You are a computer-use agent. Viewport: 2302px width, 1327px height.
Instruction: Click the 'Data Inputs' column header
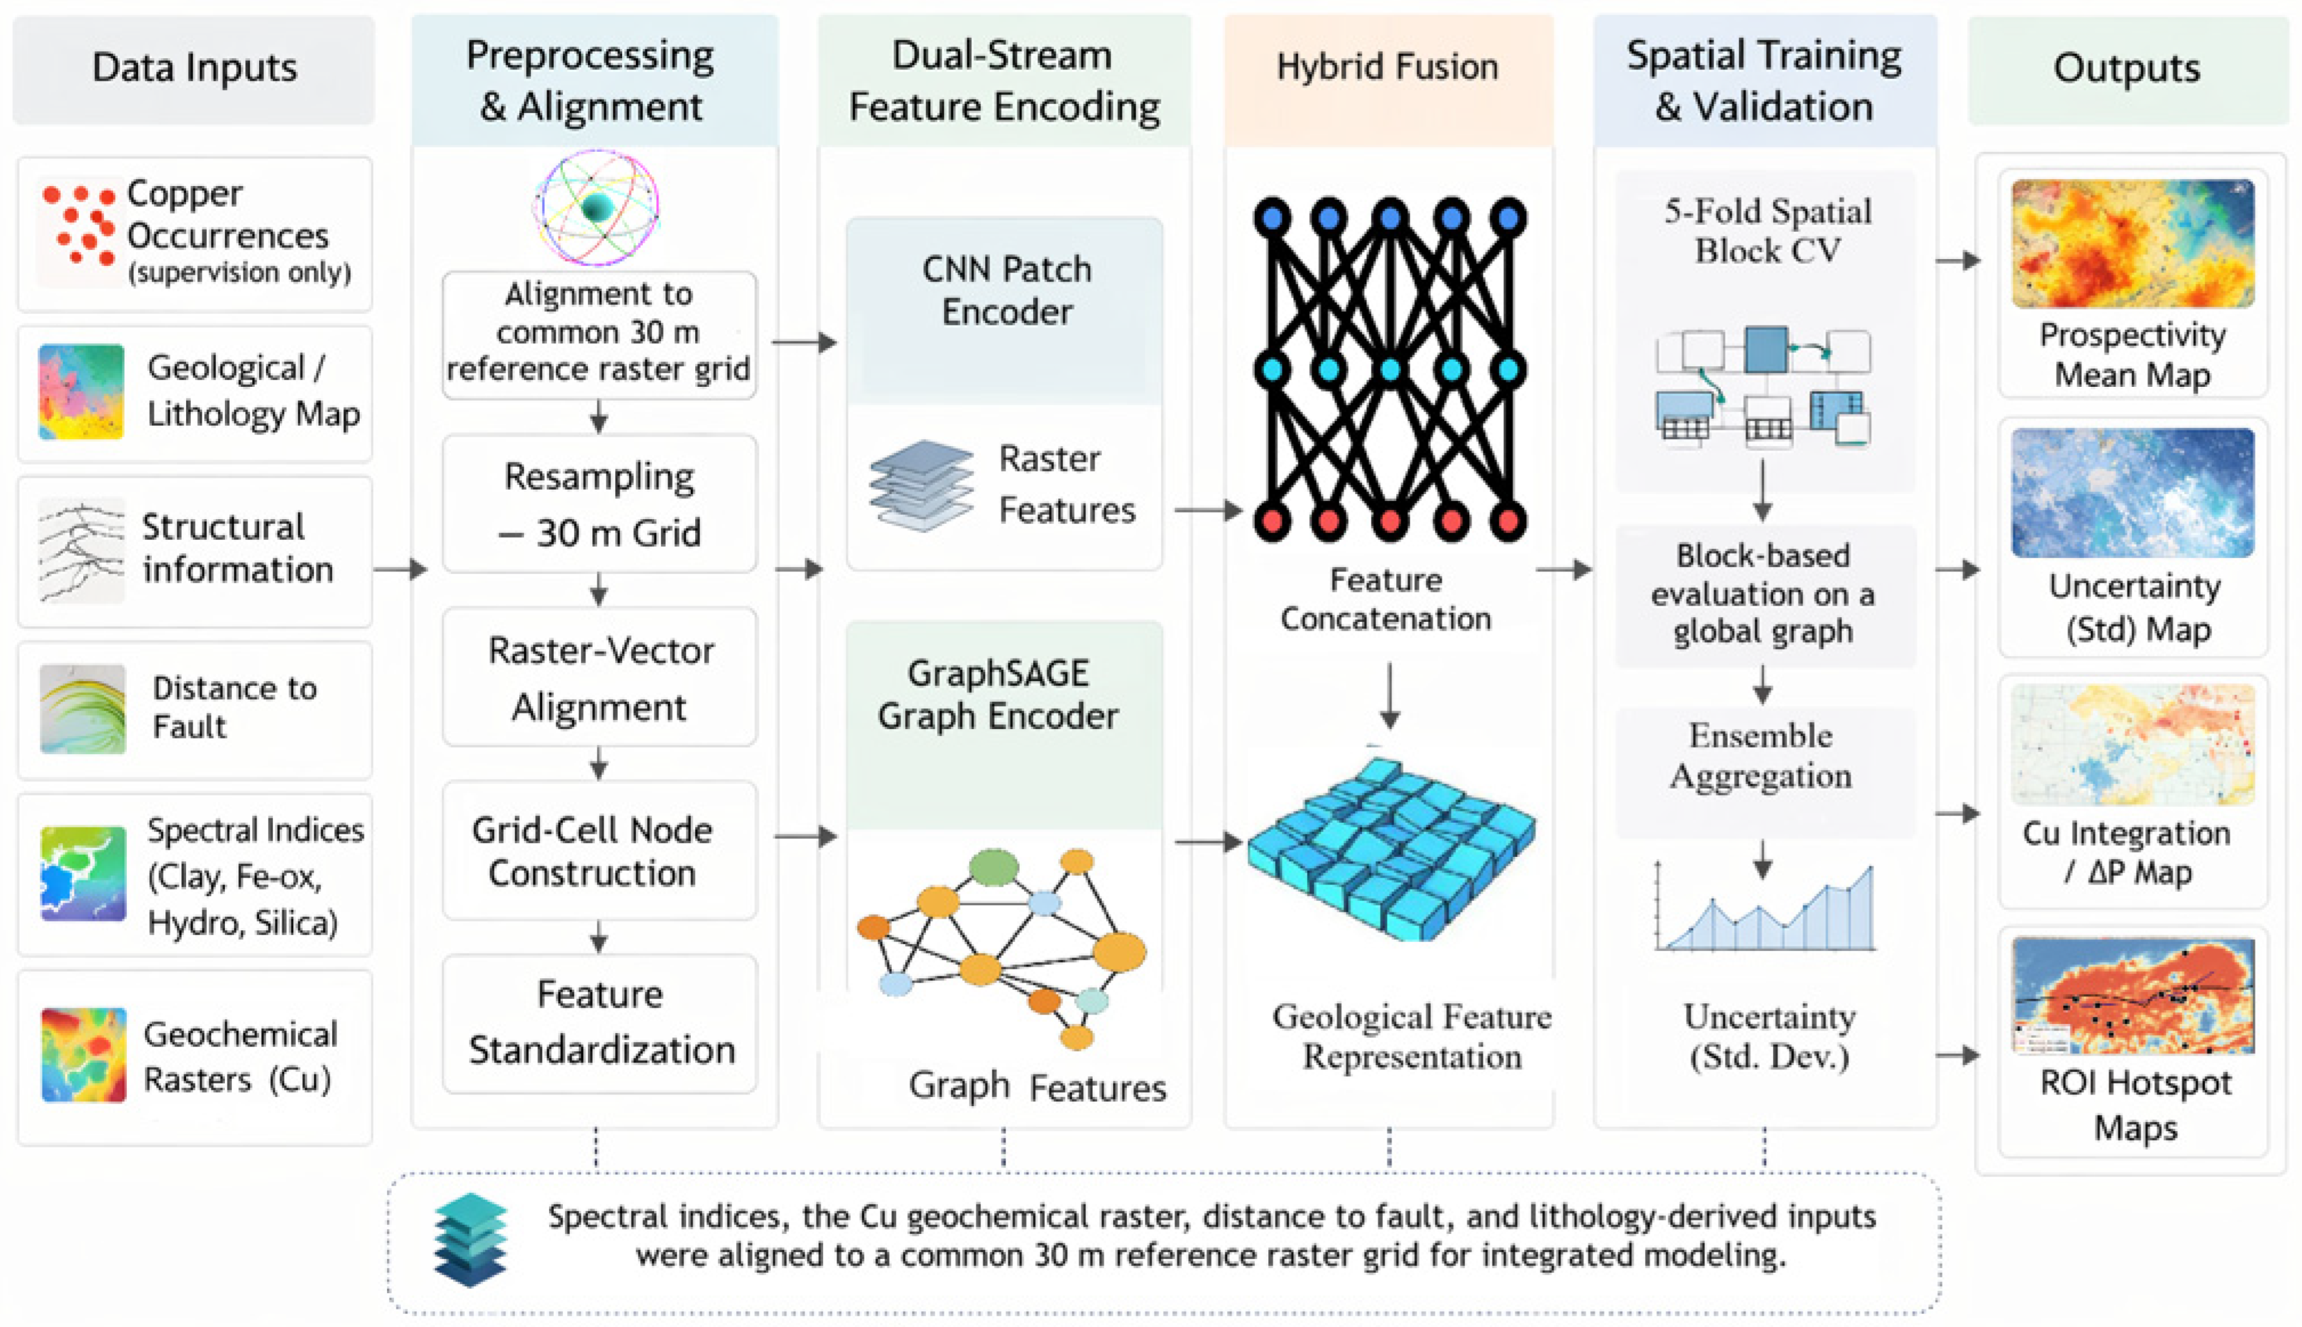click(x=194, y=69)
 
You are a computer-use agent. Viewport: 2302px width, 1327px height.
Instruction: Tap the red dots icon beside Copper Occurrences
click(x=79, y=225)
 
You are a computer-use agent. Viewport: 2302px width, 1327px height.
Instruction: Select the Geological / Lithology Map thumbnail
click(x=81, y=391)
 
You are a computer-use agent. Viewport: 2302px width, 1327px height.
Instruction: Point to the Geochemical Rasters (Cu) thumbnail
click(x=83, y=1054)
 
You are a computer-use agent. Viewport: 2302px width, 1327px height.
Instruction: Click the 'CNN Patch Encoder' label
click(x=1006, y=290)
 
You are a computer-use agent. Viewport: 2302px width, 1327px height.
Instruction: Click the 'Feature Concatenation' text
click(x=1386, y=599)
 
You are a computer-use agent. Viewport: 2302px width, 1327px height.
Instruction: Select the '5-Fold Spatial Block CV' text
click(x=1768, y=231)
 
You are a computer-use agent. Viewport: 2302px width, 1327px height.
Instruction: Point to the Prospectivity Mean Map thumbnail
click(x=2132, y=243)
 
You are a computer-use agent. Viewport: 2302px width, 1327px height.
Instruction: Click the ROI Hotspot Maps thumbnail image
click(x=2132, y=995)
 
